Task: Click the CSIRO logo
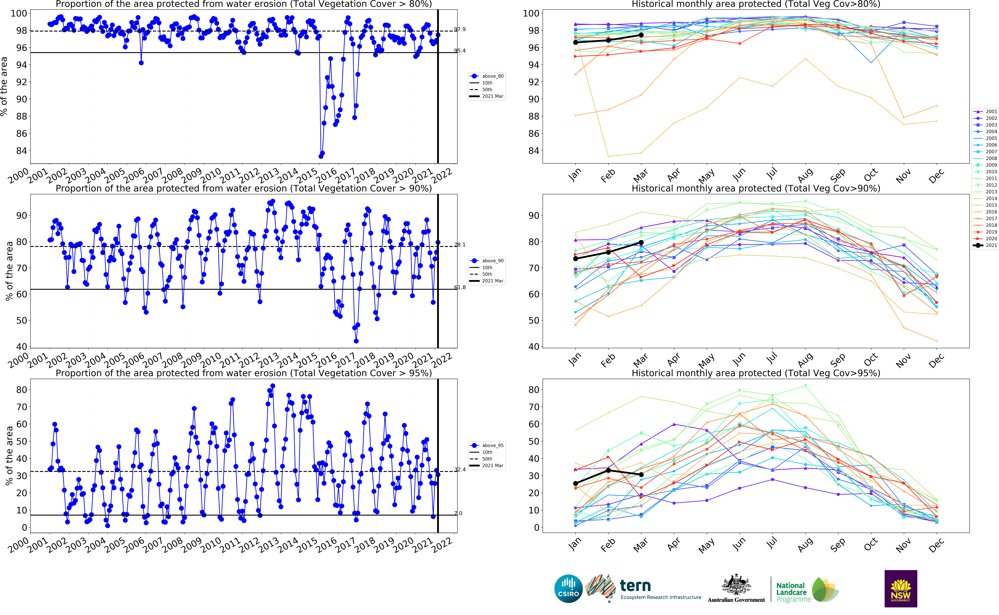coord(568,589)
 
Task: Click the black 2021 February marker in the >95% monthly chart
coord(608,470)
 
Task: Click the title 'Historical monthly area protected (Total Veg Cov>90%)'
coord(756,188)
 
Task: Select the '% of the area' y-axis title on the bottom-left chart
coord(9,456)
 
